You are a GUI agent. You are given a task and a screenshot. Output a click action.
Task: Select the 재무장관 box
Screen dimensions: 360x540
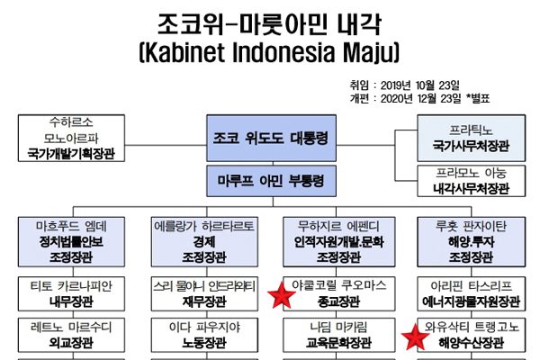pos(203,293)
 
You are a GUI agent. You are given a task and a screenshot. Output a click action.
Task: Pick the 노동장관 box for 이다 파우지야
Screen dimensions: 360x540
pos(203,336)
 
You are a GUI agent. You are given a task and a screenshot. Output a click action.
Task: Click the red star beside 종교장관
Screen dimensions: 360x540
pos(284,295)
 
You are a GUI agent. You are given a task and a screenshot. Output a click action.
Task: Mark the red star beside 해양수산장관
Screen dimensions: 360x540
pos(415,337)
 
